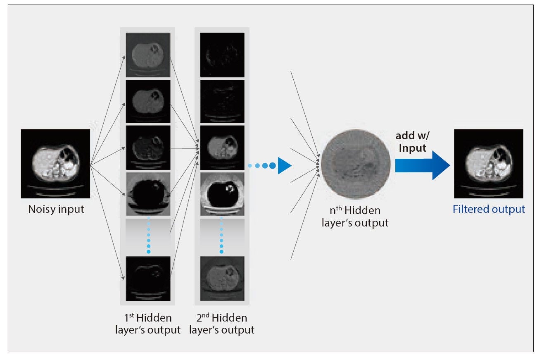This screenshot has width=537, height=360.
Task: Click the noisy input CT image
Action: (x=55, y=164)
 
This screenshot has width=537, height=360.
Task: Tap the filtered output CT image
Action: (x=489, y=164)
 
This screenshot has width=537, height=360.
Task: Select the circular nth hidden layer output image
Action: (x=356, y=164)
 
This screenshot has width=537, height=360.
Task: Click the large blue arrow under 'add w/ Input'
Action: (x=423, y=165)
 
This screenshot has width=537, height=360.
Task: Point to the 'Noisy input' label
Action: (x=56, y=209)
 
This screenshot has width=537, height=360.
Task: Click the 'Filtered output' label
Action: (x=489, y=209)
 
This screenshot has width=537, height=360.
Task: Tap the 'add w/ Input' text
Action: (x=413, y=142)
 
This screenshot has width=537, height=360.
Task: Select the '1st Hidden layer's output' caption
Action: (x=148, y=324)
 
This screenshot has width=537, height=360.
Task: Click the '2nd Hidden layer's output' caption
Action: (x=222, y=324)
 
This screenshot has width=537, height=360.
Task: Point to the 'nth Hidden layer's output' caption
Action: (x=355, y=217)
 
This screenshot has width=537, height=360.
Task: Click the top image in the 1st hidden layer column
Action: (x=148, y=55)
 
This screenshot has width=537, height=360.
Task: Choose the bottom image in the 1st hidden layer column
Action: (x=148, y=279)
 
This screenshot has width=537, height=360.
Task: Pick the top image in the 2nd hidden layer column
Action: (x=222, y=55)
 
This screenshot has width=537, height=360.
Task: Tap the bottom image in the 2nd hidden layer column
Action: (x=222, y=279)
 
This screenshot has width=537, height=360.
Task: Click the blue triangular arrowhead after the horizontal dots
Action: (x=285, y=165)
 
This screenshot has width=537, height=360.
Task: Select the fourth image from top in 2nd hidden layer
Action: (x=222, y=194)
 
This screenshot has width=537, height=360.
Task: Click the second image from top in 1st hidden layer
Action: (x=148, y=101)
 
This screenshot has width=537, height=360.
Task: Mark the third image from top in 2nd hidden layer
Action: (x=222, y=148)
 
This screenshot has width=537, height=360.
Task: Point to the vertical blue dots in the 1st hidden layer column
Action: (x=149, y=235)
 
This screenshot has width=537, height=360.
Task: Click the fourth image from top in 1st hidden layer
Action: (x=148, y=194)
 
